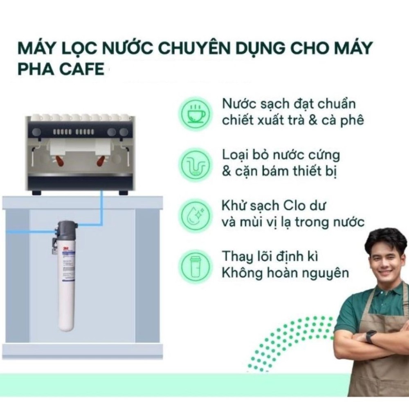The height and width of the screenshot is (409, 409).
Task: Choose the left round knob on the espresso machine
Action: point(37,132)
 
